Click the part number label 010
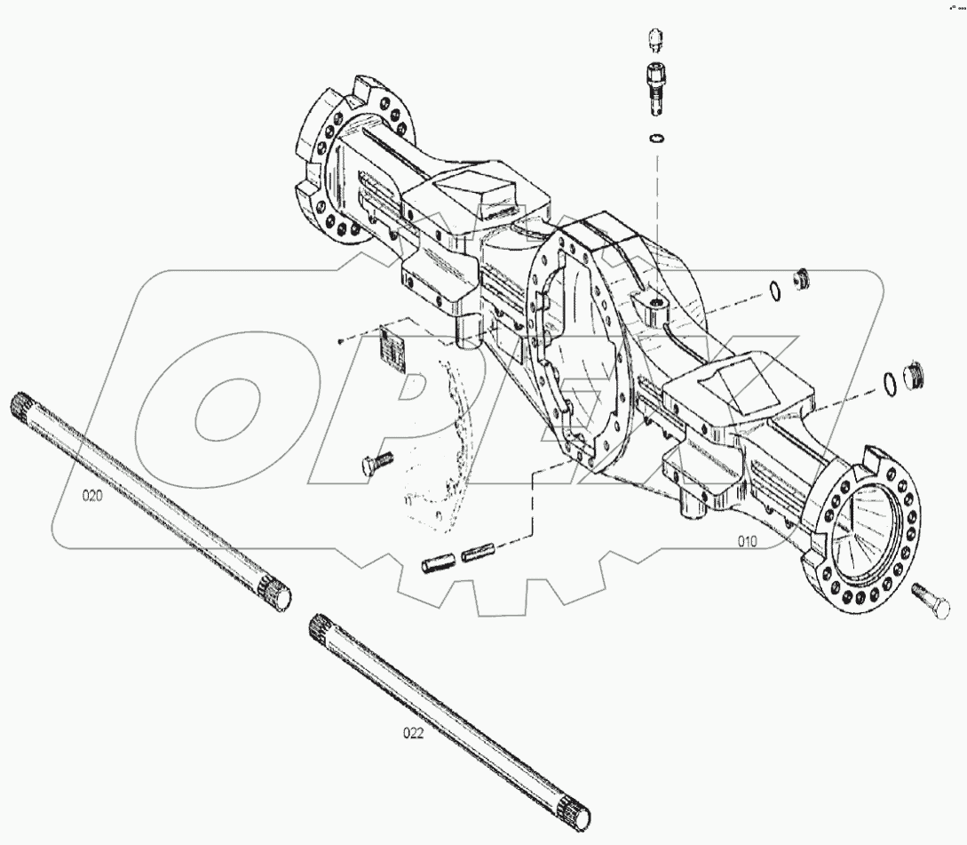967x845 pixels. pyautogui.click(x=747, y=541)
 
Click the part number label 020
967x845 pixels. pyautogui.click(x=93, y=497)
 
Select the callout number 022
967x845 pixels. pyautogui.click(x=414, y=733)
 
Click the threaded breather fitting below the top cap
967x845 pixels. pyautogui.click(x=654, y=87)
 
